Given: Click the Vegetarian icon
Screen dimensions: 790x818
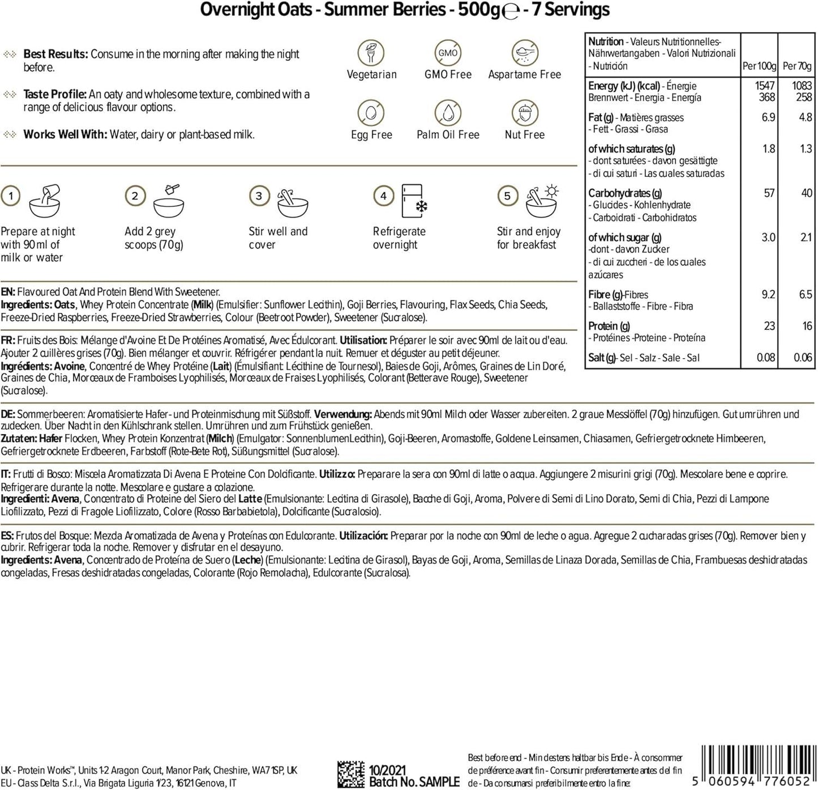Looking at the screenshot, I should click(371, 53).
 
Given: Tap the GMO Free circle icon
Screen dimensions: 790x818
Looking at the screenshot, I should click(448, 53).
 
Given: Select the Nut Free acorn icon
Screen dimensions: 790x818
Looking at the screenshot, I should click(524, 113).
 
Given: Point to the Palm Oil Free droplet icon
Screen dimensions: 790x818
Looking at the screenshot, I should click(448, 113).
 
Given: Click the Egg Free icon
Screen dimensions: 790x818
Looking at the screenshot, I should click(371, 113).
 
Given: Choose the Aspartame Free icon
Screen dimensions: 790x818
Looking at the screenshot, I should click(524, 53).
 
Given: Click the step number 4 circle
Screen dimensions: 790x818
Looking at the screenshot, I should click(383, 196).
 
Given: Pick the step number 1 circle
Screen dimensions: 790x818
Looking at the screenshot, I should click(11, 196).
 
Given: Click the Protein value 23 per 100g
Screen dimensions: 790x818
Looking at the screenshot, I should click(769, 326).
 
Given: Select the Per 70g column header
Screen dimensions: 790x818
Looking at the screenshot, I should click(797, 66).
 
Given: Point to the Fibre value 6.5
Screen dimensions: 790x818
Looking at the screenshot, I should click(805, 295).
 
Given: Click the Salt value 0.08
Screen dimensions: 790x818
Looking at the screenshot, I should click(766, 358).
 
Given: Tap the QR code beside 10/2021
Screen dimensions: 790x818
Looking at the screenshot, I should click(351, 775).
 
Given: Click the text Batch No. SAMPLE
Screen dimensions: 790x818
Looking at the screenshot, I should click(414, 782).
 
